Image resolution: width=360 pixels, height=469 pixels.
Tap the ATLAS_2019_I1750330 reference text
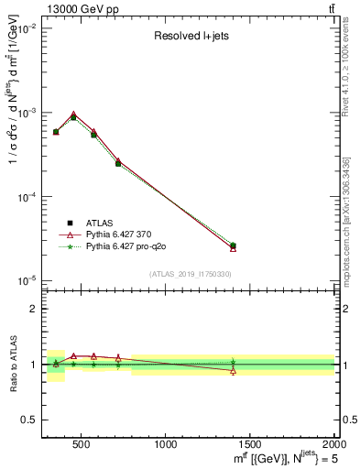tap(190, 274)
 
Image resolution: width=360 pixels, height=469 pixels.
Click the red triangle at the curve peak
tap(73, 115)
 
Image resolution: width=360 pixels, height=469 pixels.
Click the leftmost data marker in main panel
tap(56, 132)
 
